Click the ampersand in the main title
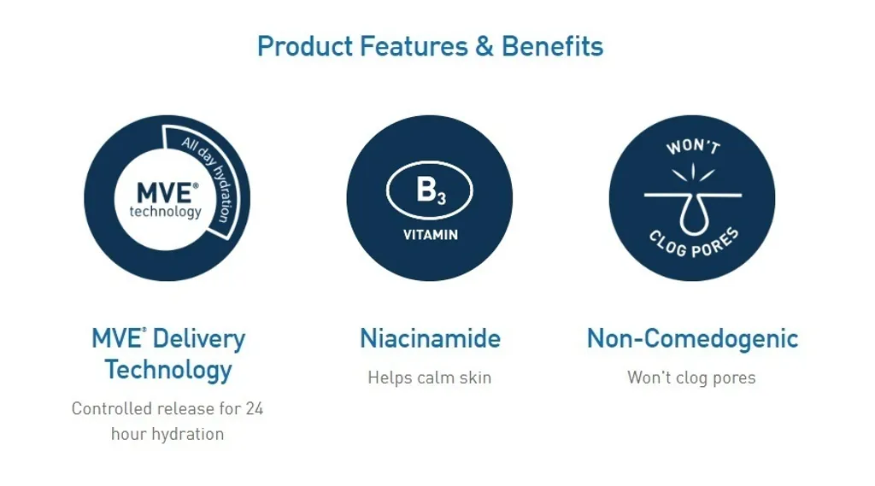pyautogui.click(x=484, y=46)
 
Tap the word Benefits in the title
pyautogui.click(x=553, y=46)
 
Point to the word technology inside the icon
pyautogui.click(x=165, y=212)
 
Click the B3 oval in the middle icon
pyautogui.click(x=430, y=190)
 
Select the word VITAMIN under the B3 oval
pyautogui.click(x=431, y=235)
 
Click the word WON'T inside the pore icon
pyautogui.click(x=693, y=147)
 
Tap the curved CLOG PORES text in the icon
pyautogui.click(x=694, y=244)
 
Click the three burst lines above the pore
pyautogui.click(x=693, y=172)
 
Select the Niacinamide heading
pyautogui.click(x=431, y=339)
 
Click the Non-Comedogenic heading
pyautogui.click(x=692, y=339)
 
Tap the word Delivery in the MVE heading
pyautogui.click(x=198, y=339)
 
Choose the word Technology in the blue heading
pyautogui.click(x=168, y=370)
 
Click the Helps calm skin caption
pyautogui.click(x=430, y=378)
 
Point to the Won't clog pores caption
pyautogui.click(x=691, y=378)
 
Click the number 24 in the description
pyautogui.click(x=254, y=409)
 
